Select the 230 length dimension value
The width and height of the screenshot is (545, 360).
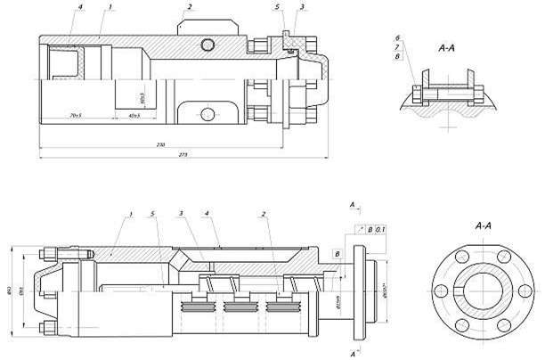point(160,143)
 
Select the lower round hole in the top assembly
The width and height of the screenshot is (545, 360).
point(207,113)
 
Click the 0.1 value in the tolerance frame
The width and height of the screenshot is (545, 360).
point(380,231)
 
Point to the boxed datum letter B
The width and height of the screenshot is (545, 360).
point(336,254)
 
